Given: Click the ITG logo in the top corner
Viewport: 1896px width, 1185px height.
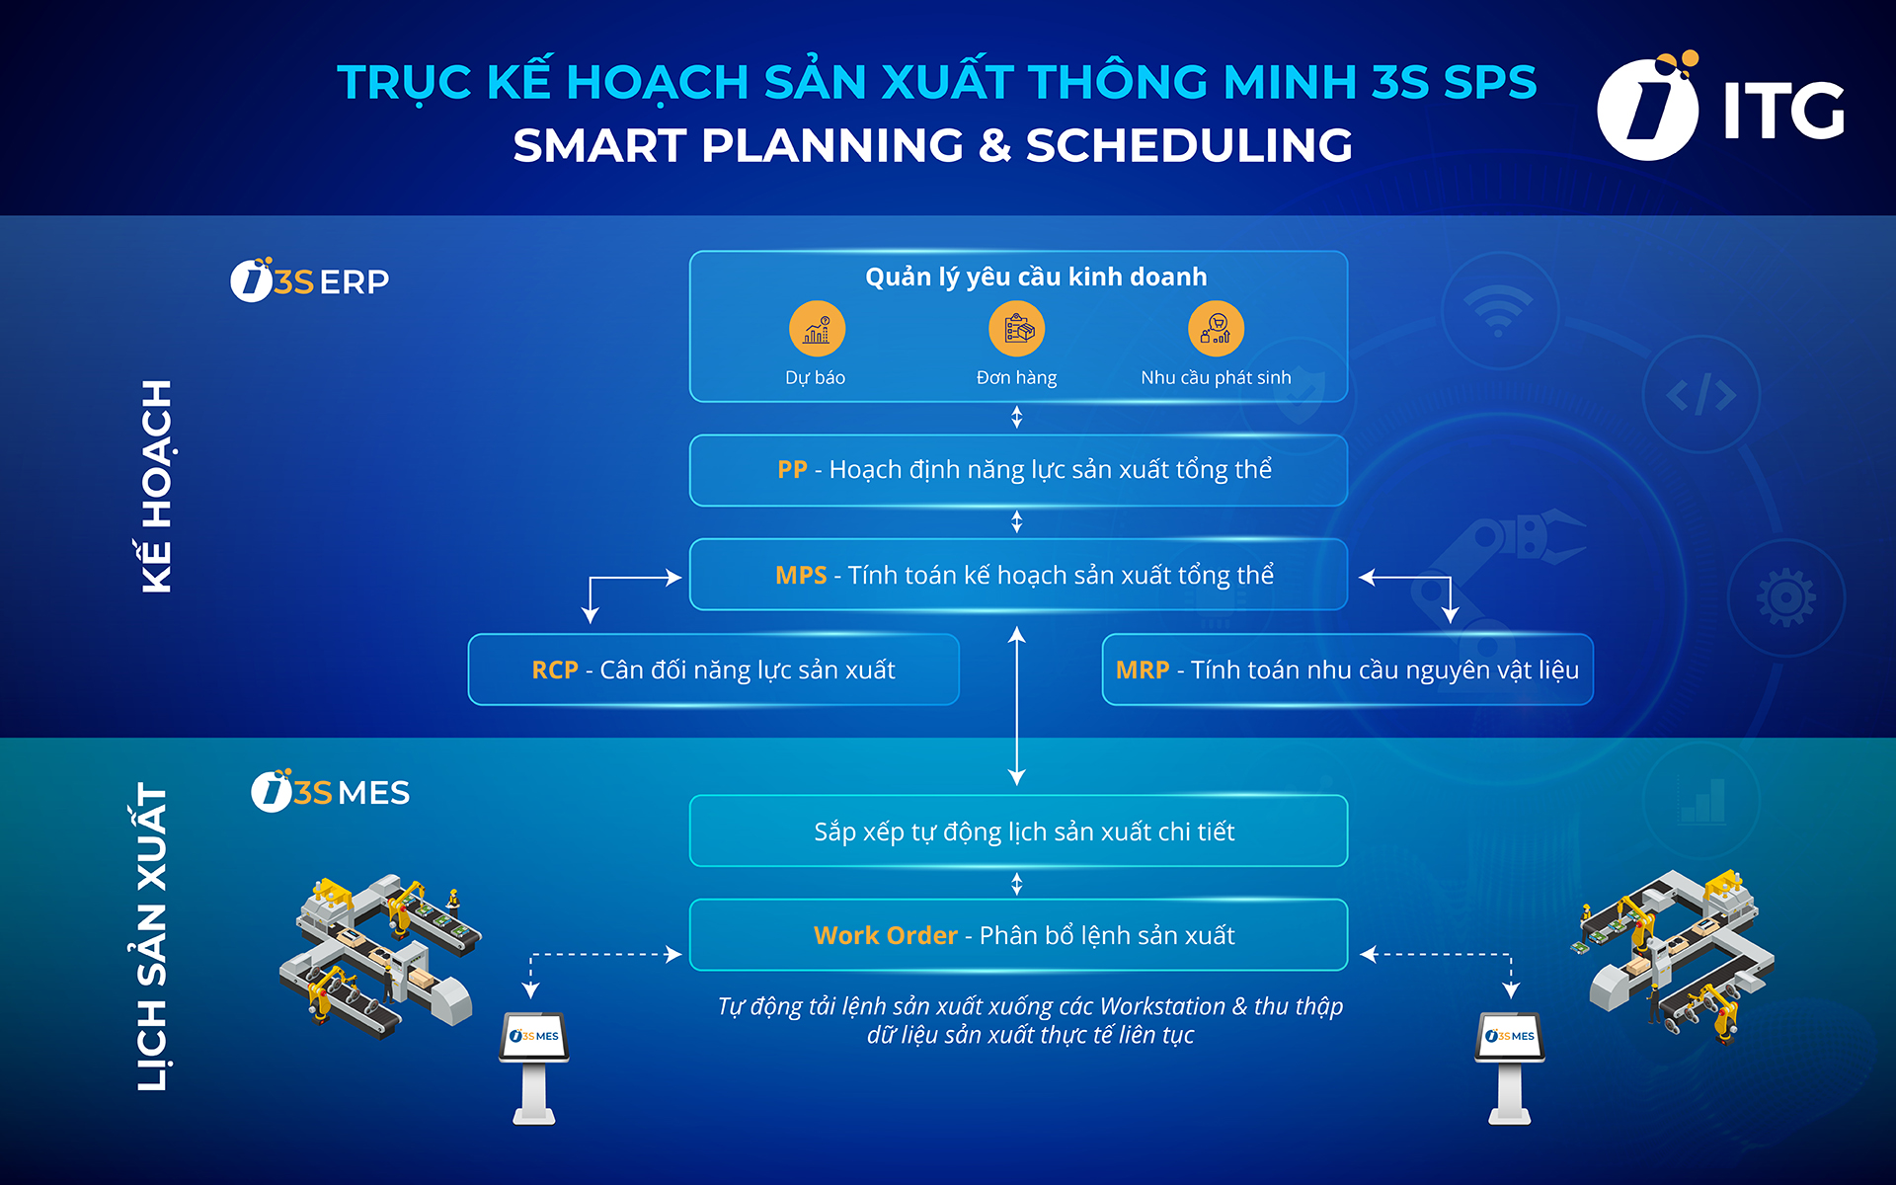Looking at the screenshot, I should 1719,108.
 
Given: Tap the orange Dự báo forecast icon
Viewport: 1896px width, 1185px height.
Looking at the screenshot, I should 817,329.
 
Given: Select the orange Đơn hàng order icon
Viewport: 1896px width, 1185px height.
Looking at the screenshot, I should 1016,329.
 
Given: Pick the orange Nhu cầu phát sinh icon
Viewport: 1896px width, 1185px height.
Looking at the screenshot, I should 1216,329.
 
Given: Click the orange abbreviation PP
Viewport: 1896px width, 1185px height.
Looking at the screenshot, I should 792,470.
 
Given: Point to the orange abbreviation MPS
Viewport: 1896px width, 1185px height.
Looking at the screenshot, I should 801,576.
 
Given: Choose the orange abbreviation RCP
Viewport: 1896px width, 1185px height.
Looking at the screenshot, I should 554,671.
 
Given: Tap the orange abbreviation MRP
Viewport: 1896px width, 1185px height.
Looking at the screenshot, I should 1142,671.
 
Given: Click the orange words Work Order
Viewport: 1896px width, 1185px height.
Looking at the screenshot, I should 885,935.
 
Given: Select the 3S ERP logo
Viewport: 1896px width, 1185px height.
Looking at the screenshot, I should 310,281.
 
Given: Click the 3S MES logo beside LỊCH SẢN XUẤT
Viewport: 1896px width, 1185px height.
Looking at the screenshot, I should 330,792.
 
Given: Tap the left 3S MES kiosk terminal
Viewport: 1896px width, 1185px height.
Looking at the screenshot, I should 534,1066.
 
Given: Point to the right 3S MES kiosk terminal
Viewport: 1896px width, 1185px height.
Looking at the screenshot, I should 1510,1066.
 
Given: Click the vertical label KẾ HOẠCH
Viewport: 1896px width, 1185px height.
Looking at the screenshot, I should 157,486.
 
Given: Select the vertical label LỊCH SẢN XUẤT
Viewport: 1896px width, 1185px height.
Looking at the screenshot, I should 152,936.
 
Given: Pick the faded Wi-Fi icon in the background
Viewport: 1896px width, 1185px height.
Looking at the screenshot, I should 1498,311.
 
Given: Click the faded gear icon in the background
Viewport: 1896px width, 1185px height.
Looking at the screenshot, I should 1785,597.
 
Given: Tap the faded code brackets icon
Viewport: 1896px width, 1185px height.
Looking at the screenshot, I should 1700,395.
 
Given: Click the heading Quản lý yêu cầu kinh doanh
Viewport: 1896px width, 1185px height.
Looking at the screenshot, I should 1036,277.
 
